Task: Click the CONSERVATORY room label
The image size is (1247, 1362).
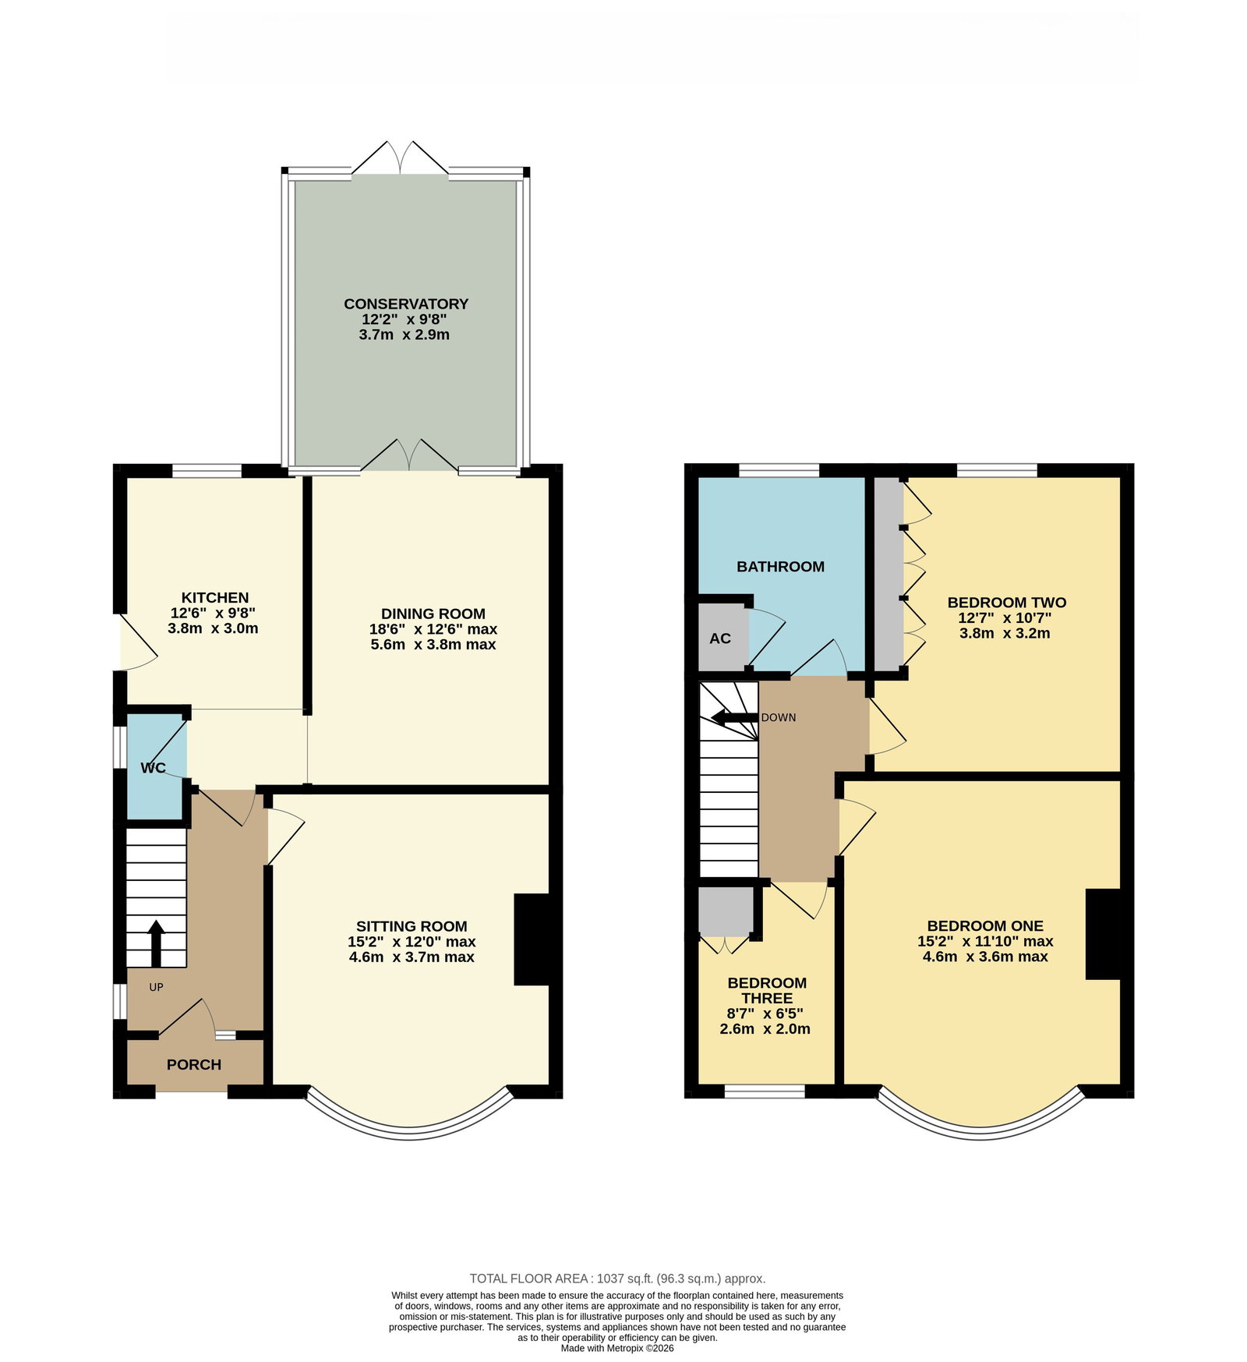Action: point(406,304)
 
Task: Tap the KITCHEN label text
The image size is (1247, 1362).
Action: point(215,598)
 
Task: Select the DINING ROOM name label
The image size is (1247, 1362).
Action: point(433,614)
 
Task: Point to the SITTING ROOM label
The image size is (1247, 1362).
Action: point(412,926)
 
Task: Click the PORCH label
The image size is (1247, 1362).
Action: point(194,1065)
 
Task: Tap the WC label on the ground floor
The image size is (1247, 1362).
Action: point(154,768)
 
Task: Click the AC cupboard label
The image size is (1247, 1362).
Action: point(720,639)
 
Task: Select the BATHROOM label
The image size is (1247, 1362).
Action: point(781,567)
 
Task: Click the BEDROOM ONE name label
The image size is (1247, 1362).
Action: point(985,926)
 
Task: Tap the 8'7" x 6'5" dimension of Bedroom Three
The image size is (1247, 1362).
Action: point(765,1014)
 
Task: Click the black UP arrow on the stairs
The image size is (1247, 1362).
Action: point(156,943)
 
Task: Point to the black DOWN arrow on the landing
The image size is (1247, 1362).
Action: point(734,718)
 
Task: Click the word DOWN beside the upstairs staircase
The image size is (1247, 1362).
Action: point(779,718)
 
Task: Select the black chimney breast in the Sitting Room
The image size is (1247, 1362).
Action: point(533,939)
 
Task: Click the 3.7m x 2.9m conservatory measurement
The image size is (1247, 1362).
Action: point(404,335)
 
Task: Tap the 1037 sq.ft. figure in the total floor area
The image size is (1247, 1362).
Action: point(624,1279)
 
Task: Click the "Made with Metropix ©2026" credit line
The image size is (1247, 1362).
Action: point(617,1348)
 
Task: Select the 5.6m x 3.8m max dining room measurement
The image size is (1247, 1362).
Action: point(433,645)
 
